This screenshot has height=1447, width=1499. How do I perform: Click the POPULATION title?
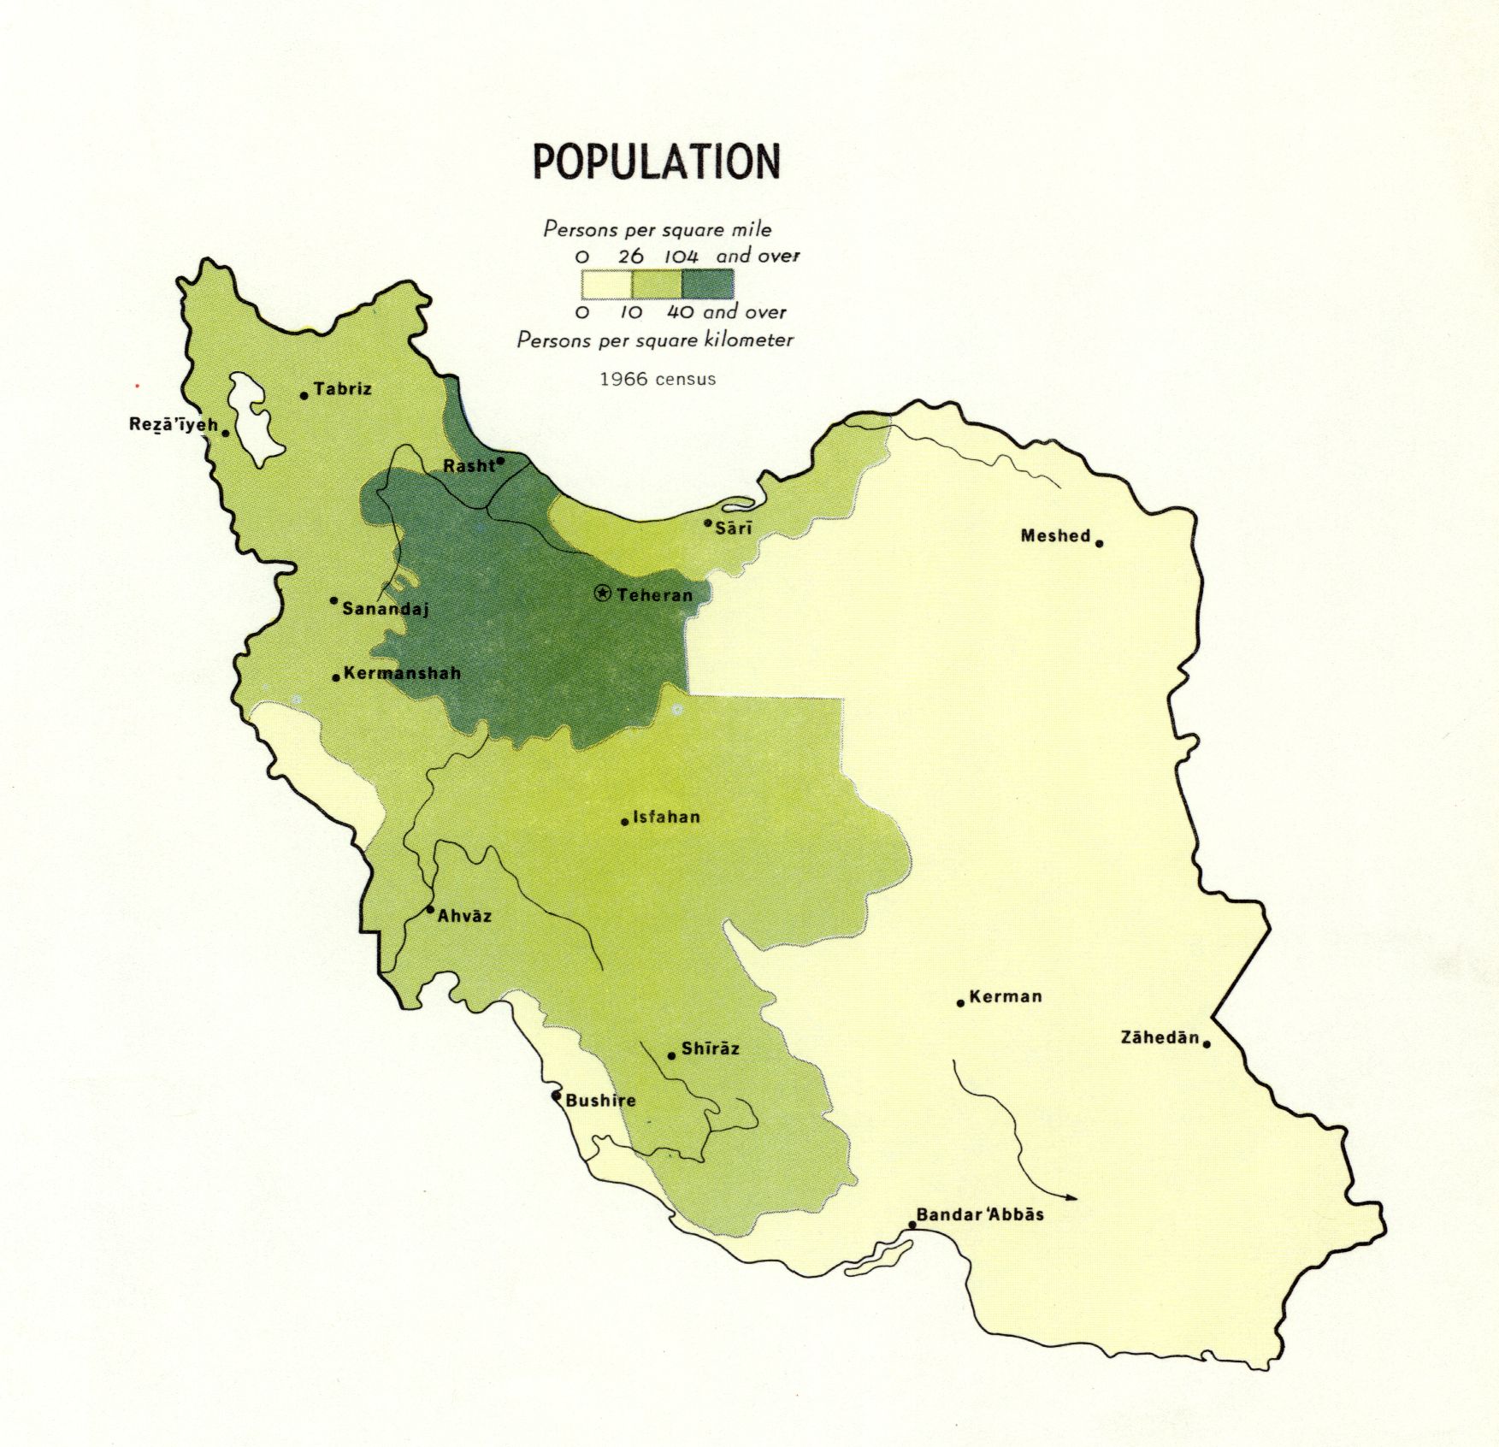tap(657, 161)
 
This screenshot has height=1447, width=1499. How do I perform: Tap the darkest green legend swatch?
tap(708, 284)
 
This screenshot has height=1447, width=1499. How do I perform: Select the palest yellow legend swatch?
tap(606, 284)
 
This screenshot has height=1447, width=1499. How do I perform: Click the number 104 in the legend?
tap(682, 256)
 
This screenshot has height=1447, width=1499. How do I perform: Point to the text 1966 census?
tap(658, 379)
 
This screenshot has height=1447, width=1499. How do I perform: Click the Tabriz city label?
tap(342, 389)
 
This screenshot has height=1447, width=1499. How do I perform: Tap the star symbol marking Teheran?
tap(603, 593)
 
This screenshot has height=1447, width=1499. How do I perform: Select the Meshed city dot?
tap(1099, 543)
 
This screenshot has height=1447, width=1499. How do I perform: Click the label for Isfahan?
tap(666, 817)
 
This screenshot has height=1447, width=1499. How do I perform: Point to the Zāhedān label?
tap(1160, 1037)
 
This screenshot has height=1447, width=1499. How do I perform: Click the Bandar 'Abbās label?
tap(980, 1214)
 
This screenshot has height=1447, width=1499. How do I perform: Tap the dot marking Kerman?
tap(960, 1002)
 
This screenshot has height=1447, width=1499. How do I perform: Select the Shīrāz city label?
tap(710, 1048)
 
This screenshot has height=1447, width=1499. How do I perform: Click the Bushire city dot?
tap(556, 1095)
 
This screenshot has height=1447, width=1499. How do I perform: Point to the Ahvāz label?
tap(464, 916)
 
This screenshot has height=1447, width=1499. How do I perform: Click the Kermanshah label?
tap(402, 673)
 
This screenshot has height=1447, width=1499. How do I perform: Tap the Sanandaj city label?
tap(385, 609)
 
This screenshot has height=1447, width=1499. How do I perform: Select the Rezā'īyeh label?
tap(174, 424)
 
